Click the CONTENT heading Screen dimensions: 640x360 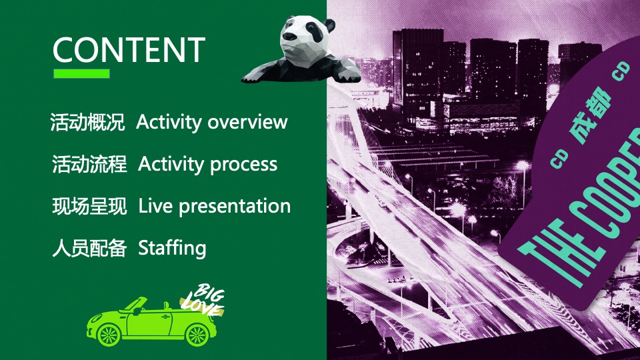(129, 50)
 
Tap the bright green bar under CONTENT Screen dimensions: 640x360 (81, 73)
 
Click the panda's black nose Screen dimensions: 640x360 (289, 37)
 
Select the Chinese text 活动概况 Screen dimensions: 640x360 (87, 122)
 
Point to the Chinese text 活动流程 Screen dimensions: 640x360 (89, 164)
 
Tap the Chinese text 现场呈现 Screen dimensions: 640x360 (89, 206)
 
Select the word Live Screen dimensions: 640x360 (155, 206)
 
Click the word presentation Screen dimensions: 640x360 (235, 207)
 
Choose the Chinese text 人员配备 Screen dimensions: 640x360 (89, 248)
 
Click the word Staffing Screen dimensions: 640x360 (172, 248)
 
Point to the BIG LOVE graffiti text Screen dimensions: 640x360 (203, 300)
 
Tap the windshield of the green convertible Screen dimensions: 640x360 (134, 304)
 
